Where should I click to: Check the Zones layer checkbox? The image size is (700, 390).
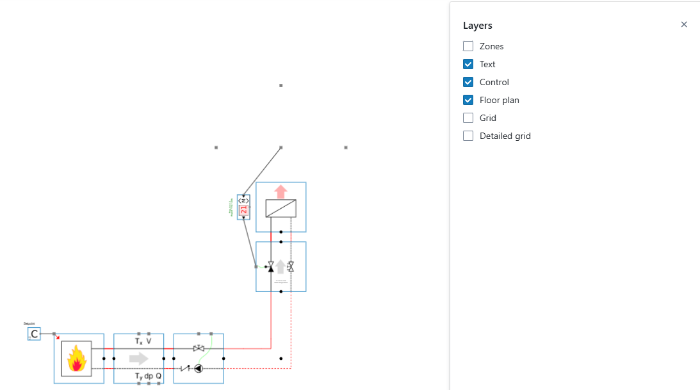click(x=468, y=46)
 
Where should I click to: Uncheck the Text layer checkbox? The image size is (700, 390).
click(x=468, y=64)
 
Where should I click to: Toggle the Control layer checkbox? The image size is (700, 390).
click(x=468, y=82)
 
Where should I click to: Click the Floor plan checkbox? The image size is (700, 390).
click(x=468, y=100)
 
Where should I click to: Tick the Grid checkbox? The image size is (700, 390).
click(x=468, y=118)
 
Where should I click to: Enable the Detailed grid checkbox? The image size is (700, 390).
click(x=468, y=136)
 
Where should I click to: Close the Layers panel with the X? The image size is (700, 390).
click(x=684, y=24)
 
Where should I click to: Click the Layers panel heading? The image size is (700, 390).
click(x=477, y=26)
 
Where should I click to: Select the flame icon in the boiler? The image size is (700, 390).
click(x=77, y=359)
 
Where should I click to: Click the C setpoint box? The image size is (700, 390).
click(x=34, y=334)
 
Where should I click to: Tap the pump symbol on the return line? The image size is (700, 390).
click(x=199, y=368)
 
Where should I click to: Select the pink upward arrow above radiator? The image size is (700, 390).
click(x=281, y=191)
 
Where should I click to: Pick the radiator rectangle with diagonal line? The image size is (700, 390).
click(x=281, y=208)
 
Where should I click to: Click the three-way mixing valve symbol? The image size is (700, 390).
click(x=271, y=266)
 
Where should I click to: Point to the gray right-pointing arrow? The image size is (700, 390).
click(x=138, y=359)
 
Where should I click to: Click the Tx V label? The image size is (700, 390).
click(x=143, y=341)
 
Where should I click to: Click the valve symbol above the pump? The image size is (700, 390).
click(x=199, y=348)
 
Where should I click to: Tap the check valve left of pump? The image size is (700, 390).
click(x=186, y=368)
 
